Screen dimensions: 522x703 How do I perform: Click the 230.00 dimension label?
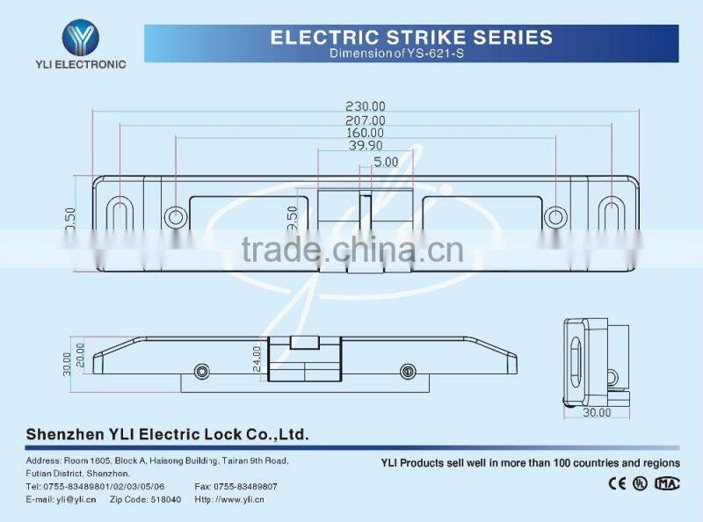366,106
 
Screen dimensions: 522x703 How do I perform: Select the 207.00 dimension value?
366,120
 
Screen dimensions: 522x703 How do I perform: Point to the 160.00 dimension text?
366,134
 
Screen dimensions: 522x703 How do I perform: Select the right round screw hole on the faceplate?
554,216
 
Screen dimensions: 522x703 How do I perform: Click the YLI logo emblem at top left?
80,38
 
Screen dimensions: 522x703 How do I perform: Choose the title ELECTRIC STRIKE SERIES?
411,37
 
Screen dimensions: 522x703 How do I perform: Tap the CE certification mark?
618,482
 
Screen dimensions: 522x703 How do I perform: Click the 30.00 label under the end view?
598,412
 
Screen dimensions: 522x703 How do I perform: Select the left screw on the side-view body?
203,371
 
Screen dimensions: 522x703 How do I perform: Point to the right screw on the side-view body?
407,371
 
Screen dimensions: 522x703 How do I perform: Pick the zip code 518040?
159,499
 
